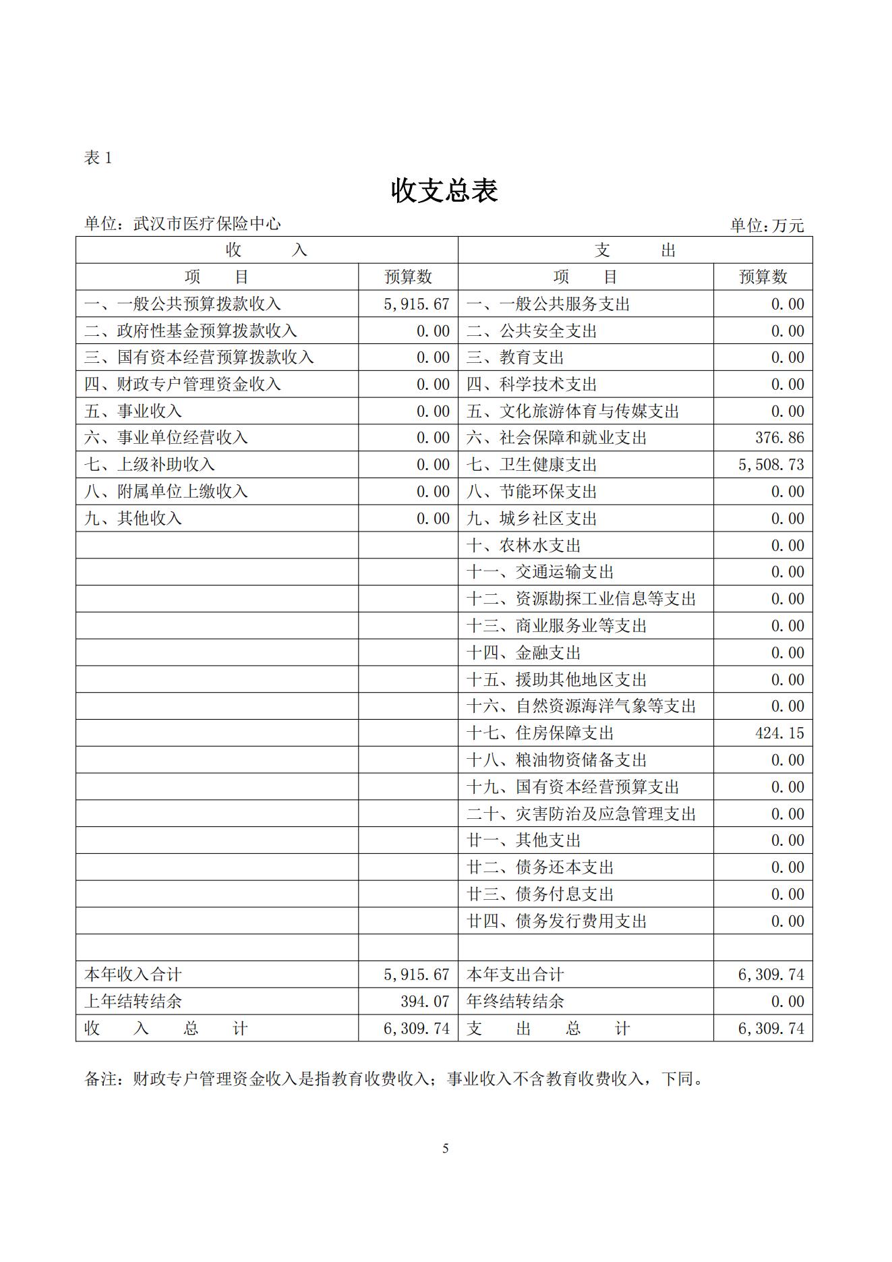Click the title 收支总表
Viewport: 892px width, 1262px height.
point(444,191)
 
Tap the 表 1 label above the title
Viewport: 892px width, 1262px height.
point(98,158)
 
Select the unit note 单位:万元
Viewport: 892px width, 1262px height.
point(767,225)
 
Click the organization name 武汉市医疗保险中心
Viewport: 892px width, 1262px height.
point(207,224)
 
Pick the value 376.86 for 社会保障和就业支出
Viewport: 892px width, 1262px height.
point(779,438)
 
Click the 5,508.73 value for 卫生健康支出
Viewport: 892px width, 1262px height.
point(771,465)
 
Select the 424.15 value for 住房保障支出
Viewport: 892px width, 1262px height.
point(779,733)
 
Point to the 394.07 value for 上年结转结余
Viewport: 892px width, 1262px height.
point(425,1002)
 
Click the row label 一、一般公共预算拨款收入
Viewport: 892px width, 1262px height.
point(182,304)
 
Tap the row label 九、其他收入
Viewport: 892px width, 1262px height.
point(133,519)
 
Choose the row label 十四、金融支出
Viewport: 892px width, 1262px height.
point(523,653)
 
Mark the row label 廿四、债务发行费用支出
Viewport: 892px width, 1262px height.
point(556,921)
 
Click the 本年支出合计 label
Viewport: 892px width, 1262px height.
point(514,975)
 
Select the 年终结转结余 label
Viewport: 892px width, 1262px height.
point(514,1002)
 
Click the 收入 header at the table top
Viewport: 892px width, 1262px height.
point(266,250)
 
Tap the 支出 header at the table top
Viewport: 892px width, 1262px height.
point(634,250)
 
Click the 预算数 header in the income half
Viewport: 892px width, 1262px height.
point(408,277)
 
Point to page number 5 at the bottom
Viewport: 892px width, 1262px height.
point(445,1149)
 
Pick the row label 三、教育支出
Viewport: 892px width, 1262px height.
point(514,357)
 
